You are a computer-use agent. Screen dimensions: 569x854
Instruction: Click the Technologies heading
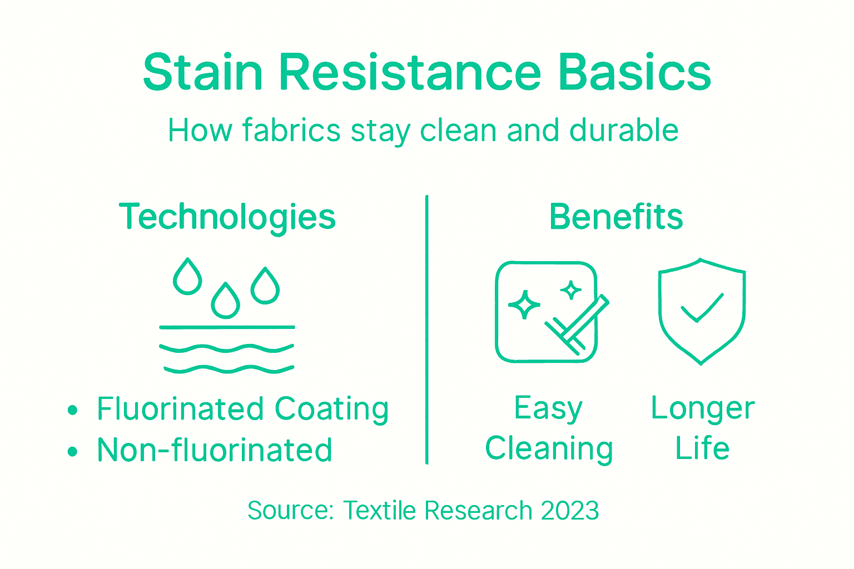[x=227, y=217]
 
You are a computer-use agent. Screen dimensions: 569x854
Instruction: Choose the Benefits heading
[x=616, y=217]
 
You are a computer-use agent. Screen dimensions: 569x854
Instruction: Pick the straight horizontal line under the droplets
[x=227, y=327]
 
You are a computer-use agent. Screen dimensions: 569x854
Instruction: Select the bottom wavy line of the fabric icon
[x=228, y=368]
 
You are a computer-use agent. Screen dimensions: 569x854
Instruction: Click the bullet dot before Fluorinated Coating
[x=72, y=411]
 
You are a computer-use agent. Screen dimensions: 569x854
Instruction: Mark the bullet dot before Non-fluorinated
[x=72, y=451]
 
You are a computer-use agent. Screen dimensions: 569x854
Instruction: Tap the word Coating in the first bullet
[x=331, y=410]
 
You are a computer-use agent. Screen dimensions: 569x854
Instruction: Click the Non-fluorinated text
[x=215, y=450]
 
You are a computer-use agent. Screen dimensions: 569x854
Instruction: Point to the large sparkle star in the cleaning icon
[x=524, y=305]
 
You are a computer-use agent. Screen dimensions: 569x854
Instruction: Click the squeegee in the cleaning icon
[x=578, y=325]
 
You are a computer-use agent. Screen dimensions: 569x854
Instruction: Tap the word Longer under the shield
[x=703, y=408]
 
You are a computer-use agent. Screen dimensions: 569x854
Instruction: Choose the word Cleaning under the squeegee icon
[x=549, y=449]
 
